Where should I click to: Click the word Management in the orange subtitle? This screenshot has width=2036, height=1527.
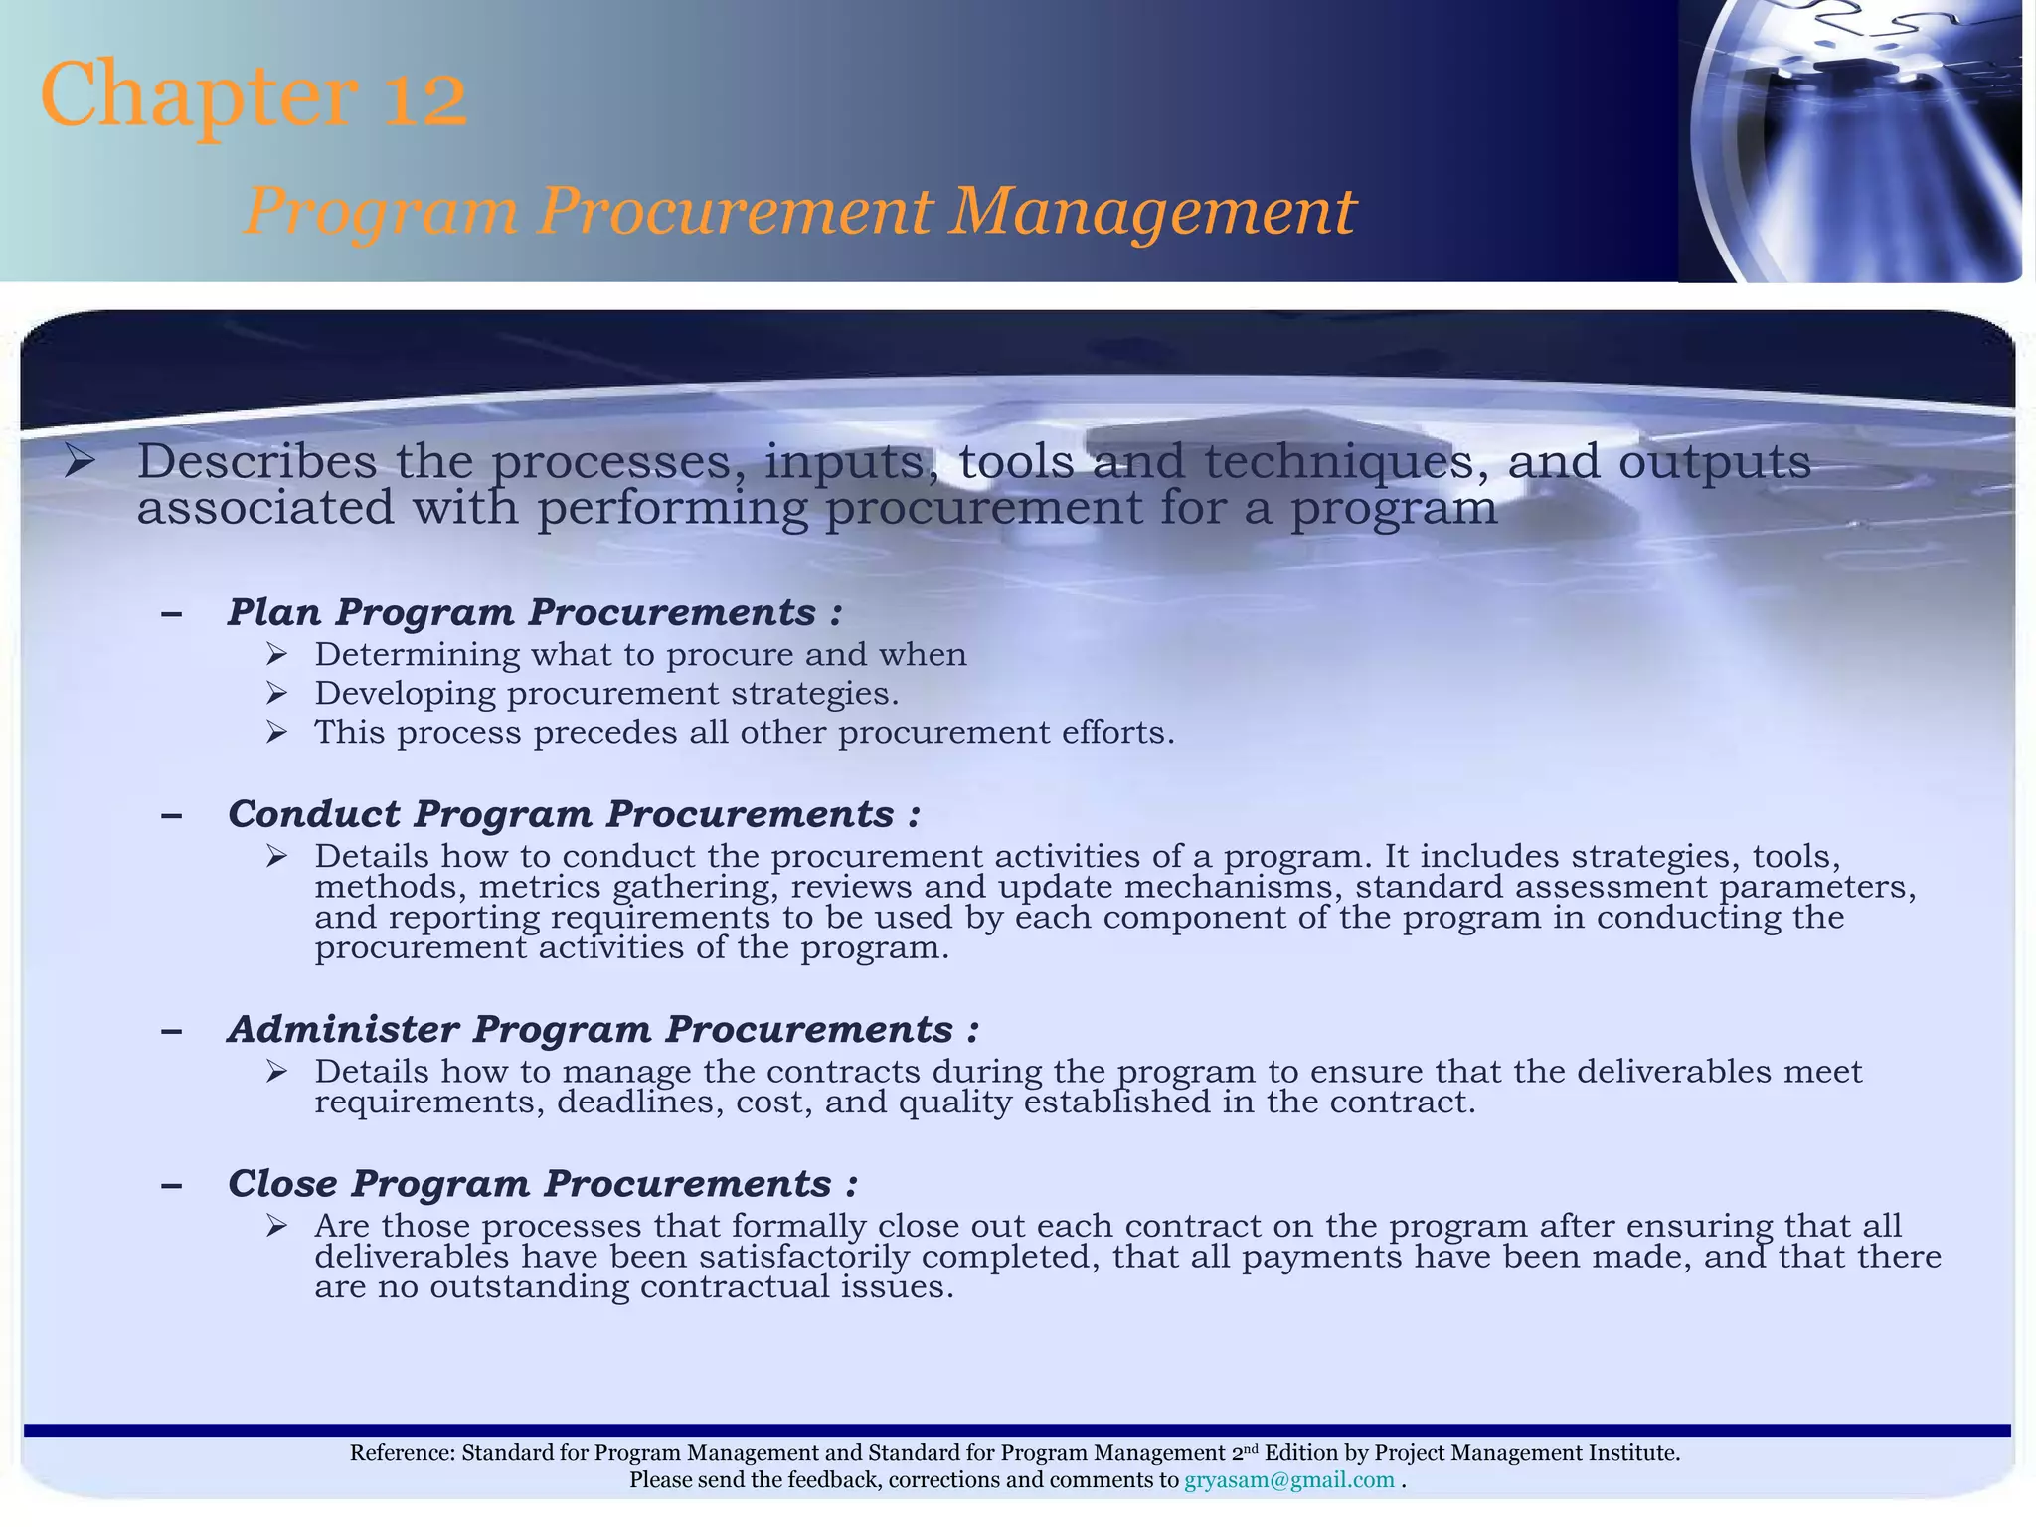(1151, 212)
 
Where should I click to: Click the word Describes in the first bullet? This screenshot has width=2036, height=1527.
(256, 461)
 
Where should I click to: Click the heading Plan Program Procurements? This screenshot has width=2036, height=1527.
(534, 612)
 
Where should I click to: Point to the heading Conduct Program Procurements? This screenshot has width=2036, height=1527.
(573, 814)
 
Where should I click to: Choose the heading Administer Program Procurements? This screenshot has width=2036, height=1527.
(602, 1029)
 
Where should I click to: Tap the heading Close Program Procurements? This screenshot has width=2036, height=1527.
(542, 1184)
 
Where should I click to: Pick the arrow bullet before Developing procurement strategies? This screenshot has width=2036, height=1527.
(276, 693)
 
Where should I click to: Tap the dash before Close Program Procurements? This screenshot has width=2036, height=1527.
(171, 1185)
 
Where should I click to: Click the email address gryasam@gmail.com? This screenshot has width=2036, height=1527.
(1288, 1480)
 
